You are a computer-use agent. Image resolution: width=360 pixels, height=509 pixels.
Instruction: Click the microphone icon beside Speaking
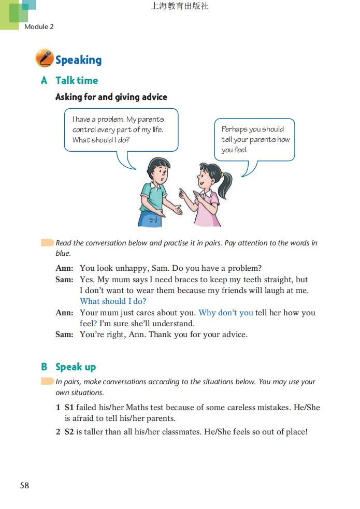pos(45,59)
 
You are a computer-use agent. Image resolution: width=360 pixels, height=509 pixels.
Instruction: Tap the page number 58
pos(24,485)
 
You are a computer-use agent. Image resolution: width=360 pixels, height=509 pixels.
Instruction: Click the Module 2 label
pos(39,26)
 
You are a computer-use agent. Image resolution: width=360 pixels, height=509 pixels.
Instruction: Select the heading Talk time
pos(77,80)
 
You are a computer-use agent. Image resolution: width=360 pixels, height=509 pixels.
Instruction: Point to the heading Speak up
pos(76,367)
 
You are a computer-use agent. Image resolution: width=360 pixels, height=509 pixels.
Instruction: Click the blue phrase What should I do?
pos(113,301)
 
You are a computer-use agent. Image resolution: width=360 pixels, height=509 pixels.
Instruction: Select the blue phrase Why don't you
pos(226,313)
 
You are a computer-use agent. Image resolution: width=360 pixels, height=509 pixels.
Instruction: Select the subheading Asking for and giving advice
pos(111,97)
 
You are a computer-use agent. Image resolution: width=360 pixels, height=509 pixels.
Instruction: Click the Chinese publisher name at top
pos(180,7)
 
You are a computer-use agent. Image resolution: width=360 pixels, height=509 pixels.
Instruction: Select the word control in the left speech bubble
pos(84,129)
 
